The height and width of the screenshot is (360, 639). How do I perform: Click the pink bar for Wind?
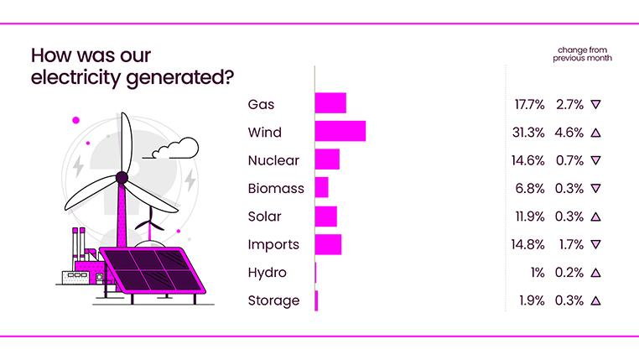tap(340, 131)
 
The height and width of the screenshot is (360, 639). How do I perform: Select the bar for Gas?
tap(330, 103)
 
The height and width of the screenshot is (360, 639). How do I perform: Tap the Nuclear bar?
tap(327, 159)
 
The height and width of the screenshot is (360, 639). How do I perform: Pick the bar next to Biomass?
tap(321, 187)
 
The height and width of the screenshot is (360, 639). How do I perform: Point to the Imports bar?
tap(328, 245)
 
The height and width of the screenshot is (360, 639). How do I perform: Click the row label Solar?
tap(264, 217)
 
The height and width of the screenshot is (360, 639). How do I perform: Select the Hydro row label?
tap(267, 274)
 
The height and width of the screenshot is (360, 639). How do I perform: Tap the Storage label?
tap(273, 301)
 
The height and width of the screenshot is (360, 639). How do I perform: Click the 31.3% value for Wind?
tap(528, 133)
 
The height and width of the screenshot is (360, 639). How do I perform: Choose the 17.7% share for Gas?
tap(529, 105)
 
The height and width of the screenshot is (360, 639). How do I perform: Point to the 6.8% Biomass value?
tap(530, 188)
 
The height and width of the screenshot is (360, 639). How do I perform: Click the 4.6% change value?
tap(569, 133)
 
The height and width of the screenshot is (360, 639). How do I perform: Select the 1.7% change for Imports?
tap(571, 245)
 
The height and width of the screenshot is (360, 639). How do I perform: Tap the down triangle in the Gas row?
tap(595, 104)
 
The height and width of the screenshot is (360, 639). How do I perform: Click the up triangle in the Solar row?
tap(595, 217)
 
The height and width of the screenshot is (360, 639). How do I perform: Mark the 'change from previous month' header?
tap(582, 54)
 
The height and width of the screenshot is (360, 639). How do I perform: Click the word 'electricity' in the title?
tap(75, 77)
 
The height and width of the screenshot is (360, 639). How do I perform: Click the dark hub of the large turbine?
tap(122, 178)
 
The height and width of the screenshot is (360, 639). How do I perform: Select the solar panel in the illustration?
tap(153, 271)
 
